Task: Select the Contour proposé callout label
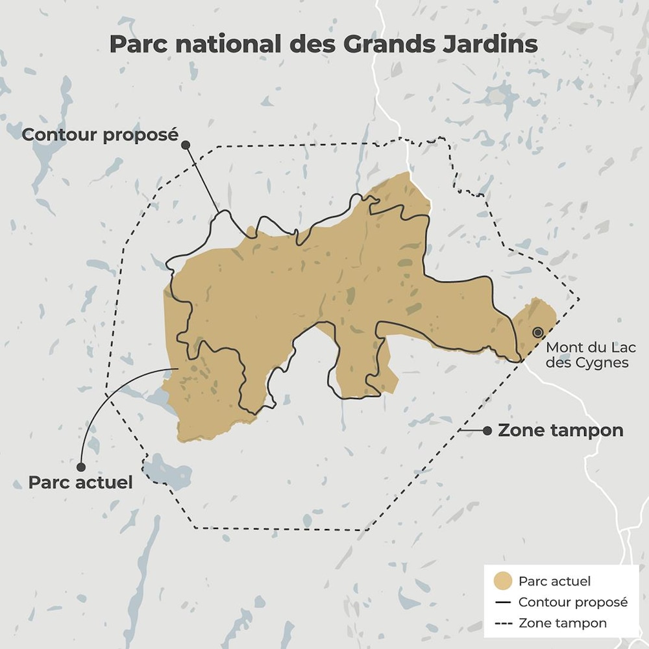point(99,135)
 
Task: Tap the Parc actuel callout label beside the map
point(80,483)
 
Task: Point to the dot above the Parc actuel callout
point(81,467)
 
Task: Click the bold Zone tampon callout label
point(560,430)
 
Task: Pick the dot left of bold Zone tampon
point(486,430)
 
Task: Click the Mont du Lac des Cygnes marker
point(537,332)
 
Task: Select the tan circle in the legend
point(504,581)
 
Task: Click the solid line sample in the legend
point(504,602)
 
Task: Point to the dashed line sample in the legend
point(504,623)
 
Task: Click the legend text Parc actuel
point(554,581)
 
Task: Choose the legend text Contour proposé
point(573,602)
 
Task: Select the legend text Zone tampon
point(563,623)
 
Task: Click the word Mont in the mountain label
point(559,347)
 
